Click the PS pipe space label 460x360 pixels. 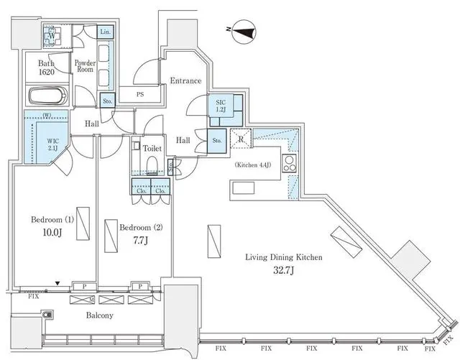(142, 94)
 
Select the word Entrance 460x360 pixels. (185, 81)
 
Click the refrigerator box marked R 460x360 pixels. (241, 140)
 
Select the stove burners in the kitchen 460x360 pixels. (290, 163)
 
